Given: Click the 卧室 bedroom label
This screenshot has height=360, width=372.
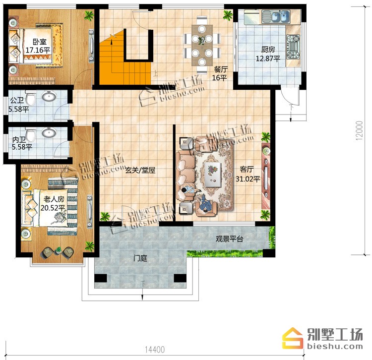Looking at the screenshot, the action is [39, 42].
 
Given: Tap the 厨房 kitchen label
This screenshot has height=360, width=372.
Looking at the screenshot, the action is [268, 50].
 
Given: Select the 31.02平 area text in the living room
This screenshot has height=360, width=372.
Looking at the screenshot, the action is [248, 179].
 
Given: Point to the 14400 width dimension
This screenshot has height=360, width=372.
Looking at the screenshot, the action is [155, 350].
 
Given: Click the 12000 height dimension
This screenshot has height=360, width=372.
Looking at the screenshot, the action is [360, 131].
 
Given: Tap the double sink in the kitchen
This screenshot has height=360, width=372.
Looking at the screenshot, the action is [276, 17].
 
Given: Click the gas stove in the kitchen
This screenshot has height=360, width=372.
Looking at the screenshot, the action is [293, 47].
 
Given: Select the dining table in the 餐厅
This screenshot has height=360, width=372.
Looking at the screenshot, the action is [202, 45].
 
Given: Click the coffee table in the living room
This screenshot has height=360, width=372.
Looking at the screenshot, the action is [213, 175].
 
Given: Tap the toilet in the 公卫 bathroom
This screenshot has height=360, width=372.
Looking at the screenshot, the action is [31, 98].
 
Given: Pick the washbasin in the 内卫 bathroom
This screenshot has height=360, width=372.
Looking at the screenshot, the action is [49, 132].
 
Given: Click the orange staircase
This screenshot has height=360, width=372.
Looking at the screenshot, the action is [124, 61].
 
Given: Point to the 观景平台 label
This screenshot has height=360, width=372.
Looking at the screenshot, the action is [229, 239].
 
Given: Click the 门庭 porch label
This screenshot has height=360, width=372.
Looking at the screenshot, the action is [140, 258].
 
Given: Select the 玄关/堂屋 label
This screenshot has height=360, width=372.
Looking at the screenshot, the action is [140, 170].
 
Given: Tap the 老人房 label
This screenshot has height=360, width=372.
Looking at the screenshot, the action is [54, 199].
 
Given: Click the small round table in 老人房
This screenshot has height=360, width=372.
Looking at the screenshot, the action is [58, 250].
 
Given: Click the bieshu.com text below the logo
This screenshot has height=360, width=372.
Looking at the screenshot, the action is [335, 346].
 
